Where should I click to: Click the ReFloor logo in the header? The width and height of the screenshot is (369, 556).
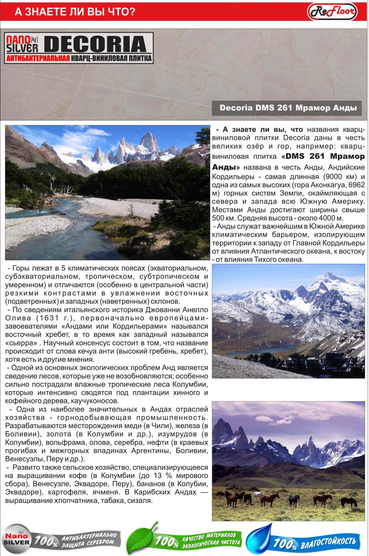[x=332, y=12]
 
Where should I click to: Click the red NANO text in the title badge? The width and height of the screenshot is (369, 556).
[x=18, y=41]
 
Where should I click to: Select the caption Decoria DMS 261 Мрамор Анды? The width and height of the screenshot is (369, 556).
[x=288, y=108]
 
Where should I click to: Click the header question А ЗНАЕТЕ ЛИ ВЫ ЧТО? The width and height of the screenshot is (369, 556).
[x=75, y=12]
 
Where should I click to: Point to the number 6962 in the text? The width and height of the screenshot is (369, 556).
[x=356, y=185]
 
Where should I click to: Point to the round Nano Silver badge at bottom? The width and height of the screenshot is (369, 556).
[x=16, y=539]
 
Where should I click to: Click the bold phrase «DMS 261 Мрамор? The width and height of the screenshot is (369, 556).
[x=323, y=156]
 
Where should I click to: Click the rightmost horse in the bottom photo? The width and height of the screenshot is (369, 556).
[x=348, y=502]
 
